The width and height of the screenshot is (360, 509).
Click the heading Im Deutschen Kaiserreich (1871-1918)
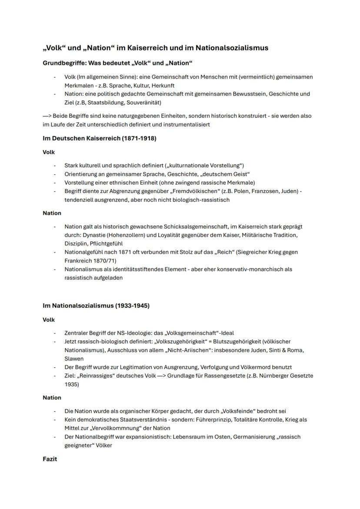pos(99,138)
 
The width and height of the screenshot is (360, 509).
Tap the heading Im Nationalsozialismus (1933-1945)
pos(96,306)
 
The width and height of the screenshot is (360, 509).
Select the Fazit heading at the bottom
pos(50,459)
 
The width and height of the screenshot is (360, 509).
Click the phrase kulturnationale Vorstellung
pos(205,166)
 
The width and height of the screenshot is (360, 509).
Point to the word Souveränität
pos(143,103)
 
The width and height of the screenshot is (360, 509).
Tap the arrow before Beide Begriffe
pos(47,116)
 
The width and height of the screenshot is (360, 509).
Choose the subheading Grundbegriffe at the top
pos(61,63)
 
